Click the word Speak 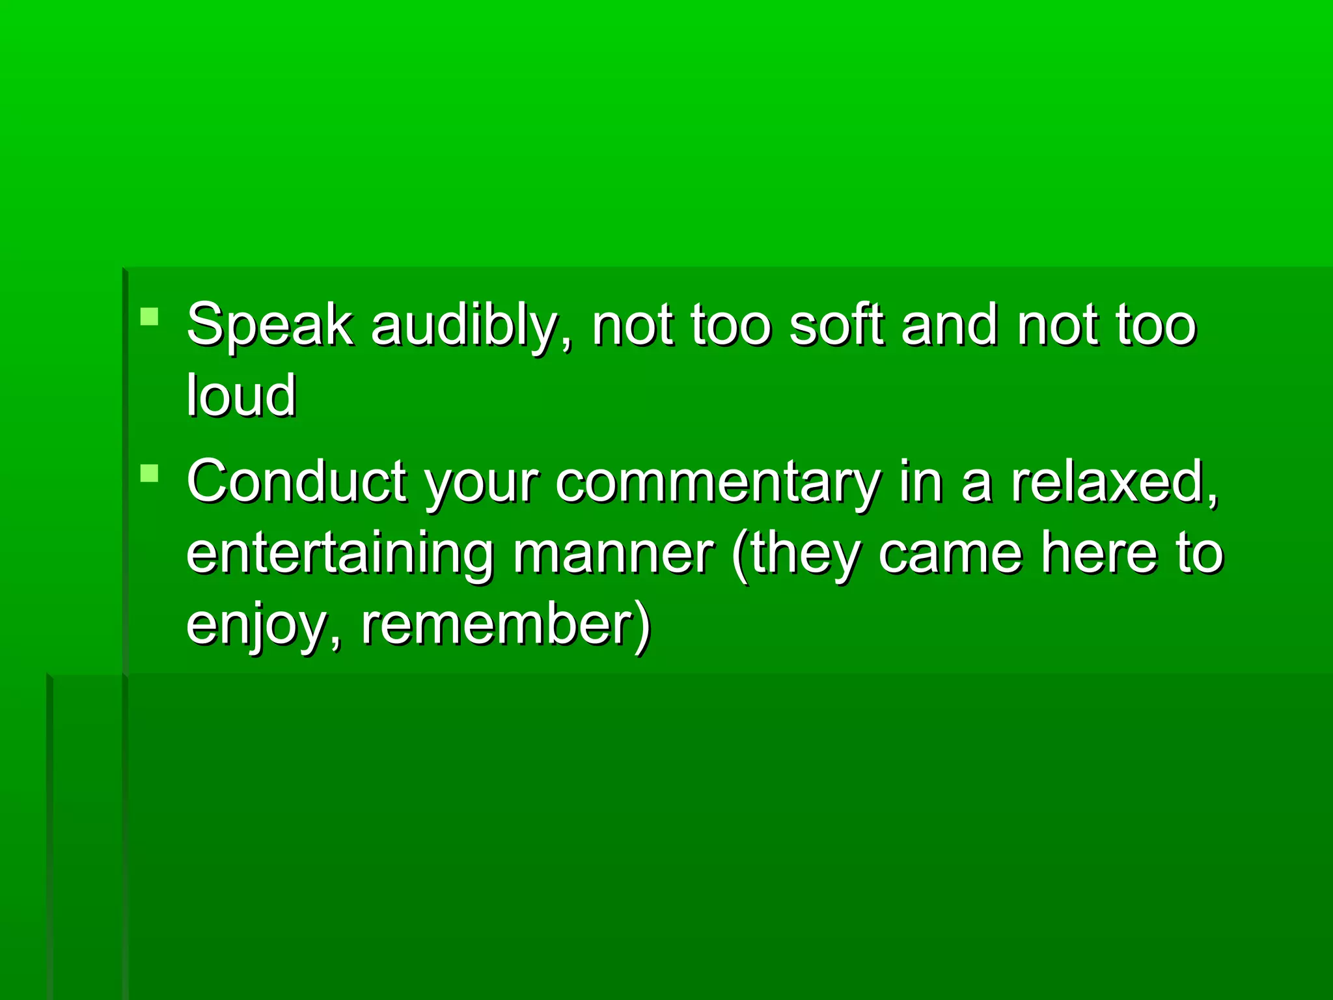[269, 325]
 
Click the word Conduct [297, 481]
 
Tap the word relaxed [1114, 482]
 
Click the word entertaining [339, 553]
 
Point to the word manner [613, 553]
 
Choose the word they [804, 553]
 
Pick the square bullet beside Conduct [149, 473]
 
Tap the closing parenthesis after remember [642, 625]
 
